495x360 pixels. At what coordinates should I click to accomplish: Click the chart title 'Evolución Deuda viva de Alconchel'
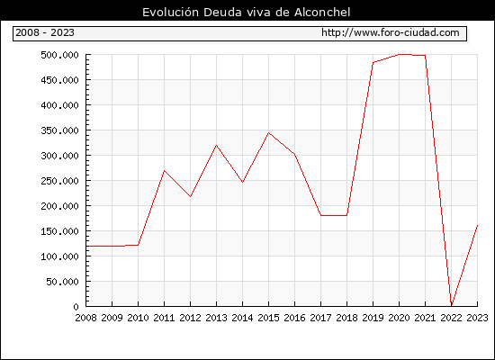pyautogui.click(x=247, y=13)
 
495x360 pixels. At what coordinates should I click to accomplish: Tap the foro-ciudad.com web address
pyautogui.click(x=391, y=32)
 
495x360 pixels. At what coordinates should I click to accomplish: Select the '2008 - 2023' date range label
pyautogui.click(x=45, y=32)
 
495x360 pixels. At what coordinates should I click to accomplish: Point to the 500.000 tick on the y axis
pyautogui.click(x=59, y=55)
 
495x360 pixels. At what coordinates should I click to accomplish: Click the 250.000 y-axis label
pyautogui.click(x=59, y=181)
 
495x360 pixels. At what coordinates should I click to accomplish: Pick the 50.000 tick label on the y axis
pyautogui.click(x=62, y=282)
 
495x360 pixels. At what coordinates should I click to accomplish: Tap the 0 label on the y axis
pyautogui.click(x=76, y=307)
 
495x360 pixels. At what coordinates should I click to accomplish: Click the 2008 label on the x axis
pyautogui.click(x=85, y=318)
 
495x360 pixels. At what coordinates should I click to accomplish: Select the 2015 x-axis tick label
pyautogui.click(x=269, y=318)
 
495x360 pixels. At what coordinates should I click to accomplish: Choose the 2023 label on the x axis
pyautogui.click(x=477, y=318)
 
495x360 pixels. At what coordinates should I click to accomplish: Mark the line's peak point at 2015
pyautogui.click(x=269, y=132)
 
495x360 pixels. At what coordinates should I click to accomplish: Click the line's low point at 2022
pyautogui.click(x=452, y=305)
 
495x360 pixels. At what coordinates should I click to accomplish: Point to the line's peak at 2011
pyautogui.click(x=164, y=170)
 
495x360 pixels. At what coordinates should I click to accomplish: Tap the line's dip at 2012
pyautogui.click(x=191, y=197)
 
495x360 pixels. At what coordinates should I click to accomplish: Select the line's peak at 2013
pyautogui.click(x=216, y=145)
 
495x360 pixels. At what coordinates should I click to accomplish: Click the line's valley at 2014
pyautogui.click(x=242, y=182)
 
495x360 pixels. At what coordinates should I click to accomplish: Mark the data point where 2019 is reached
pyautogui.click(x=373, y=62)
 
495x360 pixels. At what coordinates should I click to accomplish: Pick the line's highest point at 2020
pyautogui.click(x=399, y=55)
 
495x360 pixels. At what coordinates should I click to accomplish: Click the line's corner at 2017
pyautogui.click(x=320, y=215)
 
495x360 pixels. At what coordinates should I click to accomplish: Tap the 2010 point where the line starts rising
pyautogui.click(x=138, y=245)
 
